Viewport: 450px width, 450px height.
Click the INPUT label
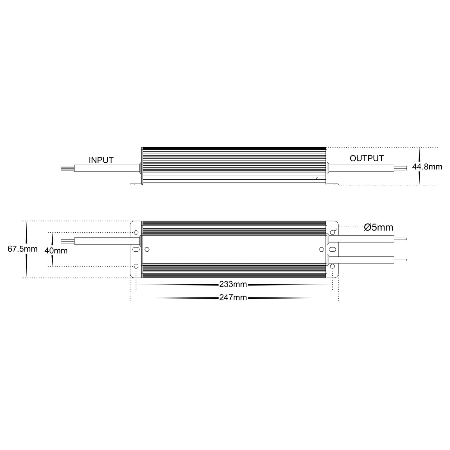pos(101,160)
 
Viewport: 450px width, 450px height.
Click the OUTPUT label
pos(367,159)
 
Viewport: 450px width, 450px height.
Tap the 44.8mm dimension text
pos(427,167)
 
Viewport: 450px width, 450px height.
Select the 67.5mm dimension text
pos(23,249)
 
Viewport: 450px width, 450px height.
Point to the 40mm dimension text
pos(56,250)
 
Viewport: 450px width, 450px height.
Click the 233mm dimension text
pos(233,284)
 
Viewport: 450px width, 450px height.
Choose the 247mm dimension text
pos(233,298)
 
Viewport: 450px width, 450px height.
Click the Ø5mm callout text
pos(378,228)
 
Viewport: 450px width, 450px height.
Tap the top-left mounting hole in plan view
pos(136,233)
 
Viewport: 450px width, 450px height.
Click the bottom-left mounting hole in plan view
pos(136,266)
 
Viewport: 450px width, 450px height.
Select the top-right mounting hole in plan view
pos(333,233)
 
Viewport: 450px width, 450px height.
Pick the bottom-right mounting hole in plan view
pos(333,266)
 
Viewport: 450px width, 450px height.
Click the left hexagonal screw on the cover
pos(147,249)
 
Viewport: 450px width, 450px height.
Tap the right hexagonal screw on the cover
pos(321,249)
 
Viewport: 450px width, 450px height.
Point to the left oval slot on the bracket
pos(136,249)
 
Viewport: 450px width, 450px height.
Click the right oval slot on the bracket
pos(333,249)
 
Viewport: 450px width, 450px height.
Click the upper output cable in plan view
pos(361,239)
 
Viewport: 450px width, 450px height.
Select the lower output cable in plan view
pos(361,260)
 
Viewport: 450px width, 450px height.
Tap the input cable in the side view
pos(106,168)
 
